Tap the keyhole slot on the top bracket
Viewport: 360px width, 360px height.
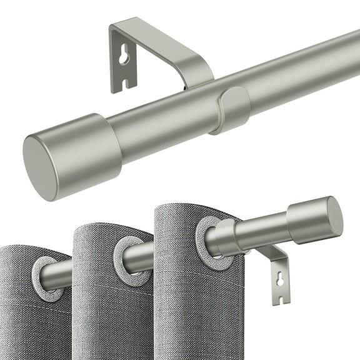click(x=124, y=57)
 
